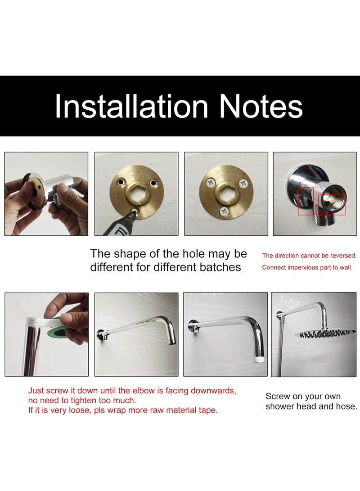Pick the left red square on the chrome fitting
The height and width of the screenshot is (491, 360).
tap(306, 201)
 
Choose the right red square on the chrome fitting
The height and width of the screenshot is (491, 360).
tap(332, 204)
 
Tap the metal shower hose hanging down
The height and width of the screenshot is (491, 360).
tap(281, 344)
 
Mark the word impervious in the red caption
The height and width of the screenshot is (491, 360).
tap(298, 267)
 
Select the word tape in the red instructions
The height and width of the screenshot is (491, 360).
tap(208, 410)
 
